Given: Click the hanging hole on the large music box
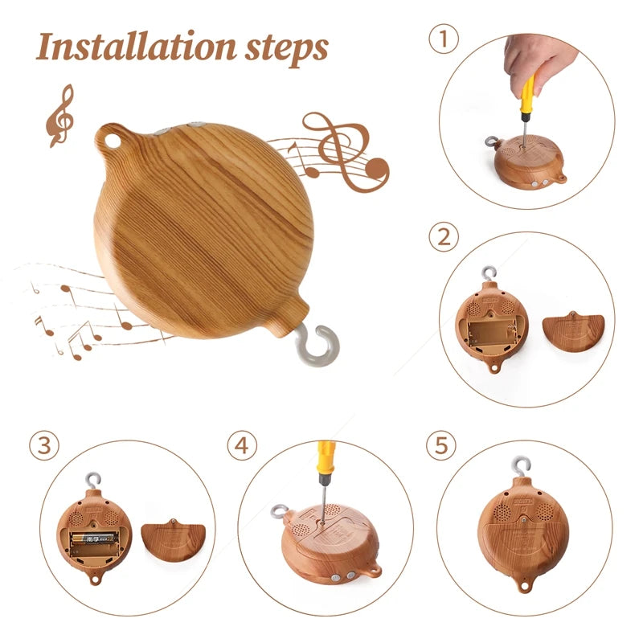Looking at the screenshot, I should pyautogui.click(x=112, y=140).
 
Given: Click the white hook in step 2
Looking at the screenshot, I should pyautogui.click(x=489, y=274).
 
